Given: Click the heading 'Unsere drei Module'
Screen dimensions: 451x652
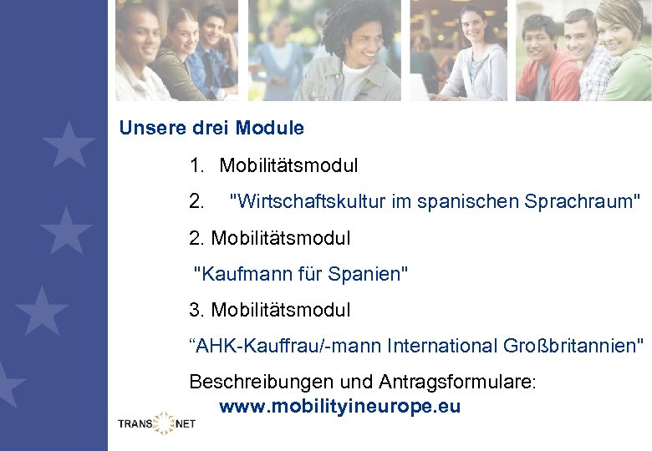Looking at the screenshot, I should (x=211, y=129).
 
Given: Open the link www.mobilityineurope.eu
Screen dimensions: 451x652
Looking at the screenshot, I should (x=339, y=408).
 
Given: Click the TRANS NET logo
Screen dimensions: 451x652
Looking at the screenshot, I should (x=156, y=423).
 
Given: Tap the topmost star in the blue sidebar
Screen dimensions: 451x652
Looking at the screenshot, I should (x=68, y=144).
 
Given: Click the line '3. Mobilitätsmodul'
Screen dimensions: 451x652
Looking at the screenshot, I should (x=270, y=310).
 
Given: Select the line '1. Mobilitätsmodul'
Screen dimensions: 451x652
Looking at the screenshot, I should (x=273, y=165).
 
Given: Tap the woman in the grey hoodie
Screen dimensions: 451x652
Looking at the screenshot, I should (x=474, y=58).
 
